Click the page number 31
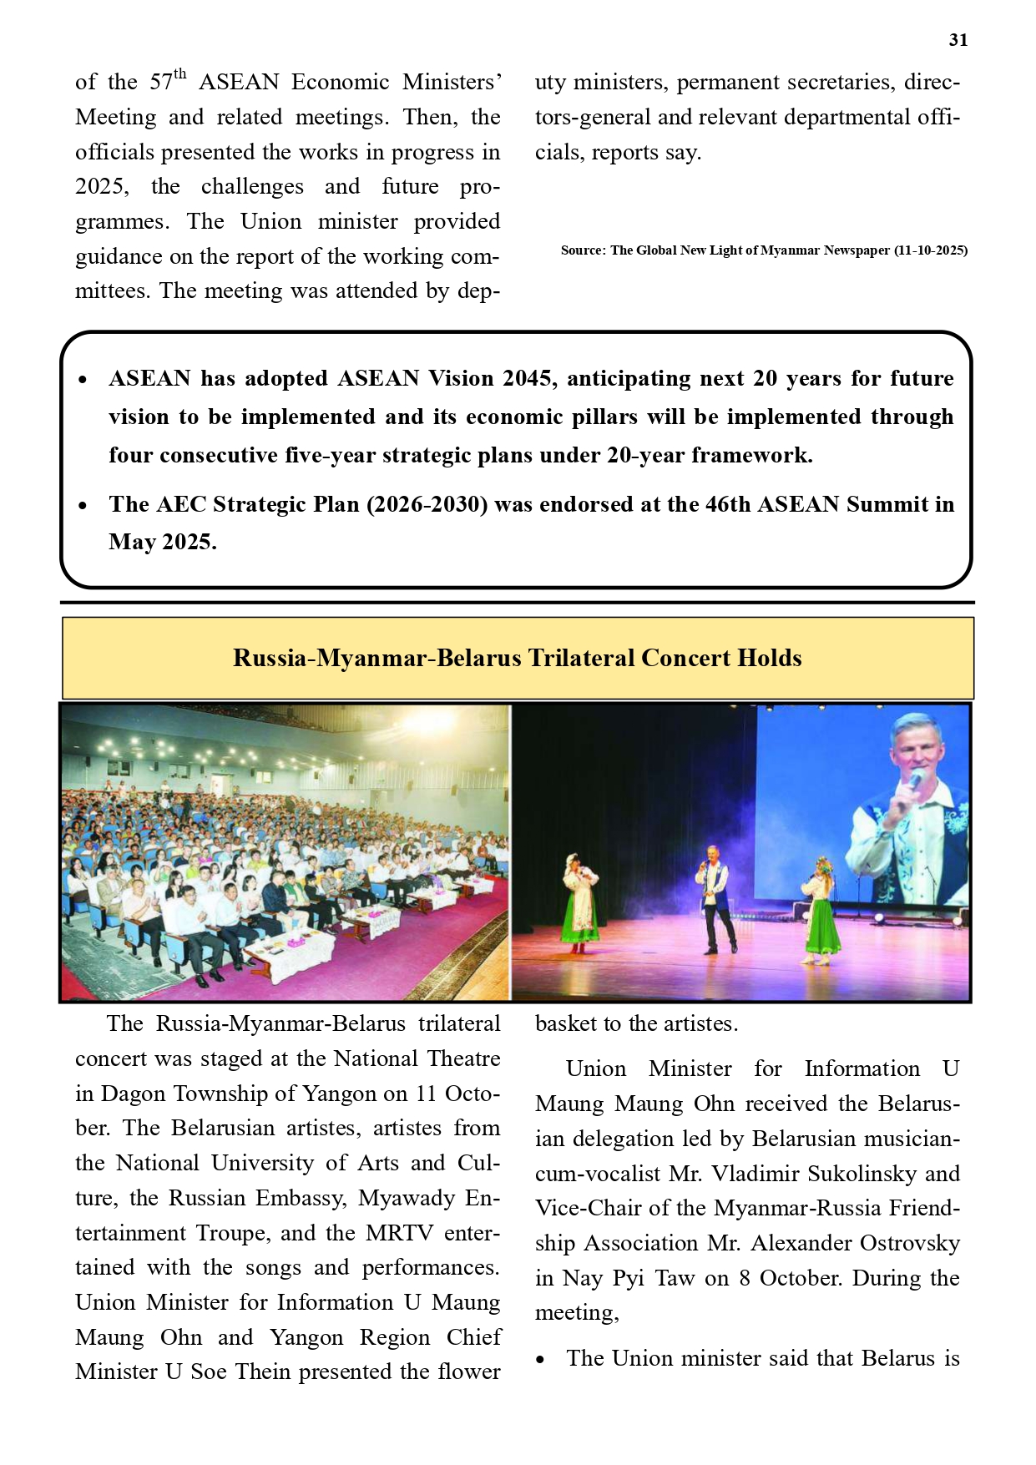coord(958,40)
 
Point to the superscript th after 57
coord(180,74)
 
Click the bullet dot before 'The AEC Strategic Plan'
coord(83,506)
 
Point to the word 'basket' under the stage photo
coord(564,1023)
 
